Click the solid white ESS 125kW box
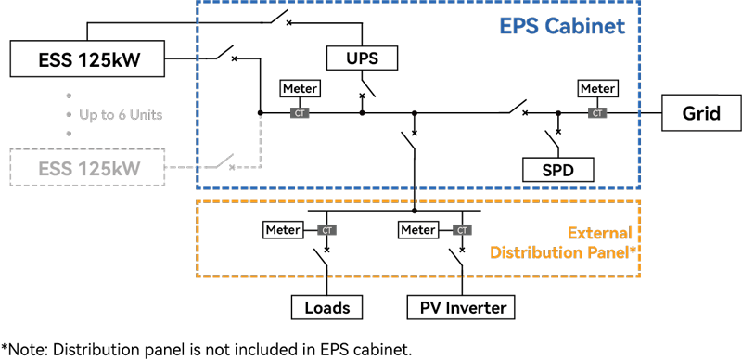[88, 61]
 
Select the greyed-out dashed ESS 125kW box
[88, 168]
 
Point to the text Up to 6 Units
[121, 114]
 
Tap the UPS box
[361, 58]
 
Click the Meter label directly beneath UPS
[300, 89]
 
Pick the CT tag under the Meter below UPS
[300, 113]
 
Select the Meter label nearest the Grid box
[597, 89]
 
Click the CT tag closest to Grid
[598, 113]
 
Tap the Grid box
[701, 114]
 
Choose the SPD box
[557, 171]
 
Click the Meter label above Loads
[283, 229]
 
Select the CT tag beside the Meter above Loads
[326, 230]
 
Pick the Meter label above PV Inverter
[417, 229]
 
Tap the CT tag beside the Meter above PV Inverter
[461, 230]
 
